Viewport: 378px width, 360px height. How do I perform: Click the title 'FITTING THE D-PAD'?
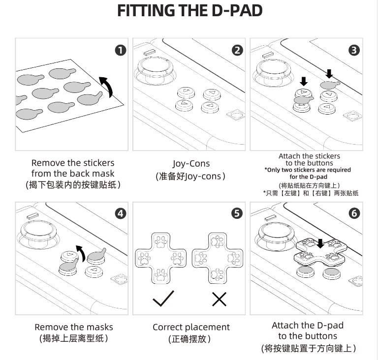[189, 11]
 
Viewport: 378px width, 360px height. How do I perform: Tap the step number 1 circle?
[120, 50]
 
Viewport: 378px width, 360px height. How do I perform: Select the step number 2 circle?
[237, 50]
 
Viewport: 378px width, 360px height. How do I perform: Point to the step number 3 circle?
[354, 50]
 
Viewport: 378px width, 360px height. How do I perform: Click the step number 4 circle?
[120, 213]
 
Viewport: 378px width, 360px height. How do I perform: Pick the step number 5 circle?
[237, 213]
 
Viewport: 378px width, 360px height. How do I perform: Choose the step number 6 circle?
[354, 213]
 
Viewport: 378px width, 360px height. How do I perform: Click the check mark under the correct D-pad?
[163, 298]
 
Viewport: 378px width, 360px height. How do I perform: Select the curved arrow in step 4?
[80, 252]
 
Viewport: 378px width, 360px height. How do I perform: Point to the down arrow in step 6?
[321, 243]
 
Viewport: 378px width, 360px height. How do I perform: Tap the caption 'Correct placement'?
[191, 327]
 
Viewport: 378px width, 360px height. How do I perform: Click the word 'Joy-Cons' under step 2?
[191, 163]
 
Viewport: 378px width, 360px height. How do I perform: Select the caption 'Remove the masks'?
[73, 327]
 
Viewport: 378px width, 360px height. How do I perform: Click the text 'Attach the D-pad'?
[308, 325]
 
